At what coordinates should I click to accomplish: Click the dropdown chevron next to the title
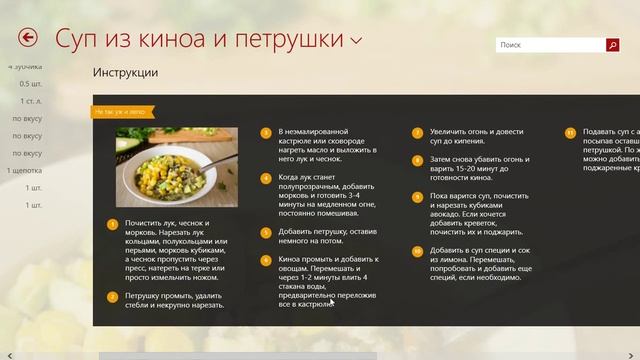357,41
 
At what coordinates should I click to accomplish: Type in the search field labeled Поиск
550,45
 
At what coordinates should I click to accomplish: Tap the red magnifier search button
612,45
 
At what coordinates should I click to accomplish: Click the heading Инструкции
125,73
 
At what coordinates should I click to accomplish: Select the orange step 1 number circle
113,226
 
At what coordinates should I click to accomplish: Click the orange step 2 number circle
113,296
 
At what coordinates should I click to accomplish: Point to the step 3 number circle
266,131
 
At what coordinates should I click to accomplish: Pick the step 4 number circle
266,179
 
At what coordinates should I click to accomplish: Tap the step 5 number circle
266,232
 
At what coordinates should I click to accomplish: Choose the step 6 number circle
266,260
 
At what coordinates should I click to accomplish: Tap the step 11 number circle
570,131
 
